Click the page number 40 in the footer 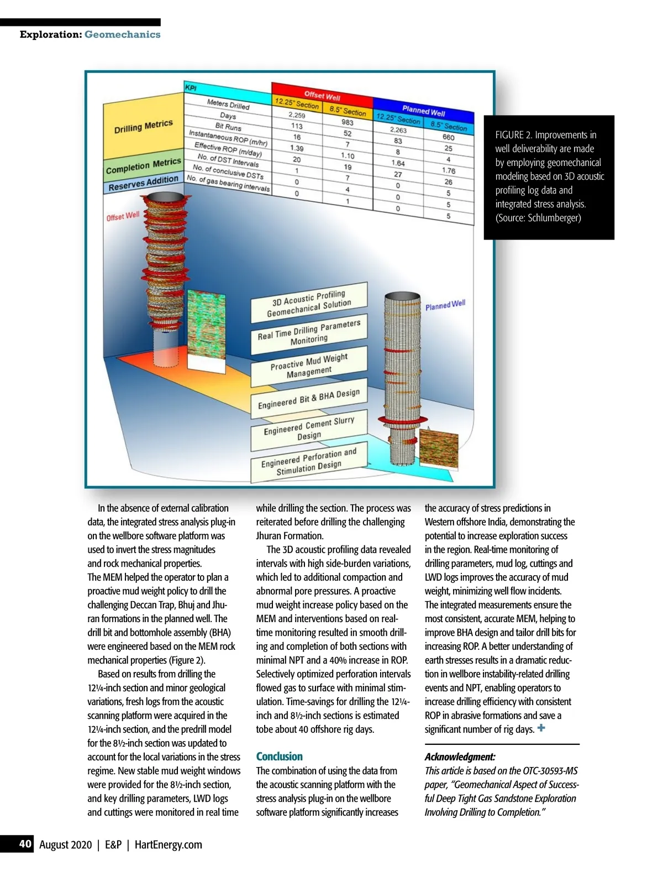click(25, 843)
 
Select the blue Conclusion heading click(279, 757)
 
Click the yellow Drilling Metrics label click(143, 127)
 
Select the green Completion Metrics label click(143, 165)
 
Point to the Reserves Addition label click(143, 183)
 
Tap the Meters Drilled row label click(228, 104)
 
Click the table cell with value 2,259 click(297, 115)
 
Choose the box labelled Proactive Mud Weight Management click(309, 366)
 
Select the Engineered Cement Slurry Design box click(309, 429)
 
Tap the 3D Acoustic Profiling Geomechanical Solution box click(309, 303)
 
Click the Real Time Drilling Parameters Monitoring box click(309, 333)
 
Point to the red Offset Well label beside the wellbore click(123, 216)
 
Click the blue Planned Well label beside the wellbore click(445, 305)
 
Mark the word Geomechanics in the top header click(122, 34)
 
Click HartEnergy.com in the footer click(168, 844)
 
